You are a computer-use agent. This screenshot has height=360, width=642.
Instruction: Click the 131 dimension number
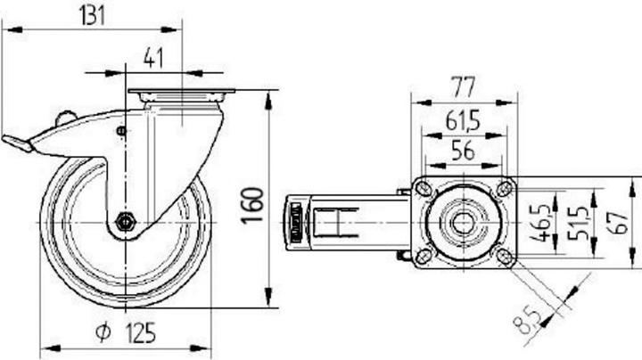click(92, 15)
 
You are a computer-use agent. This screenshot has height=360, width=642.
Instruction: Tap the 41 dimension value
click(153, 58)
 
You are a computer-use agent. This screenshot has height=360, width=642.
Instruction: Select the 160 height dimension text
click(252, 205)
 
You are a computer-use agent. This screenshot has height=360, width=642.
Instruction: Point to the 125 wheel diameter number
click(141, 333)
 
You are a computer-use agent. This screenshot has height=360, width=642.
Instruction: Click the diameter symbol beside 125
click(103, 331)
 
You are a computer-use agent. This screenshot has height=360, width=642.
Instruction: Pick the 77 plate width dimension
click(463, 86)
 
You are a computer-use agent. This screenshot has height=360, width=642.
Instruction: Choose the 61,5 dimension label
click(463, 121)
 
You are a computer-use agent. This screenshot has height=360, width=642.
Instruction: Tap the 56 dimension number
click(463, 150)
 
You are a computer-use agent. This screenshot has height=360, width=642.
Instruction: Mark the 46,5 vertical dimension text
click(545, 222)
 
